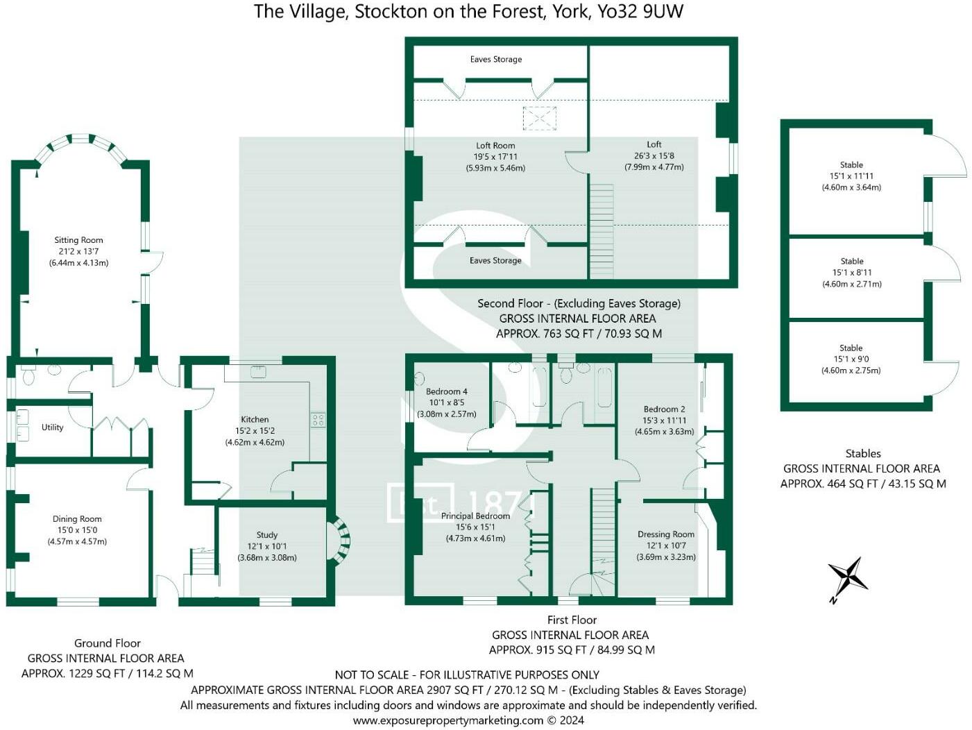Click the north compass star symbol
click(848, 577)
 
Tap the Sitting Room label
click(78, 240)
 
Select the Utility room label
click(52, 427)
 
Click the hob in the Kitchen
click(318, 420)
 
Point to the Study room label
click(266, 535)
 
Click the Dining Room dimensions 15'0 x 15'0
click(77, 530)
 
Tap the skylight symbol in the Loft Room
click(539, 118)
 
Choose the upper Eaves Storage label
click(496, 59)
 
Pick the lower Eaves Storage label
click(495, 261)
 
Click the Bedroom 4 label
click(446, 391)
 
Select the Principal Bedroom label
click(475, 516)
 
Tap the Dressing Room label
click(665, 534)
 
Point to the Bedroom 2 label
click(664, 409)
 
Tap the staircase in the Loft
click(602, 231)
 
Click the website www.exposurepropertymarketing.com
click(448, 720)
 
